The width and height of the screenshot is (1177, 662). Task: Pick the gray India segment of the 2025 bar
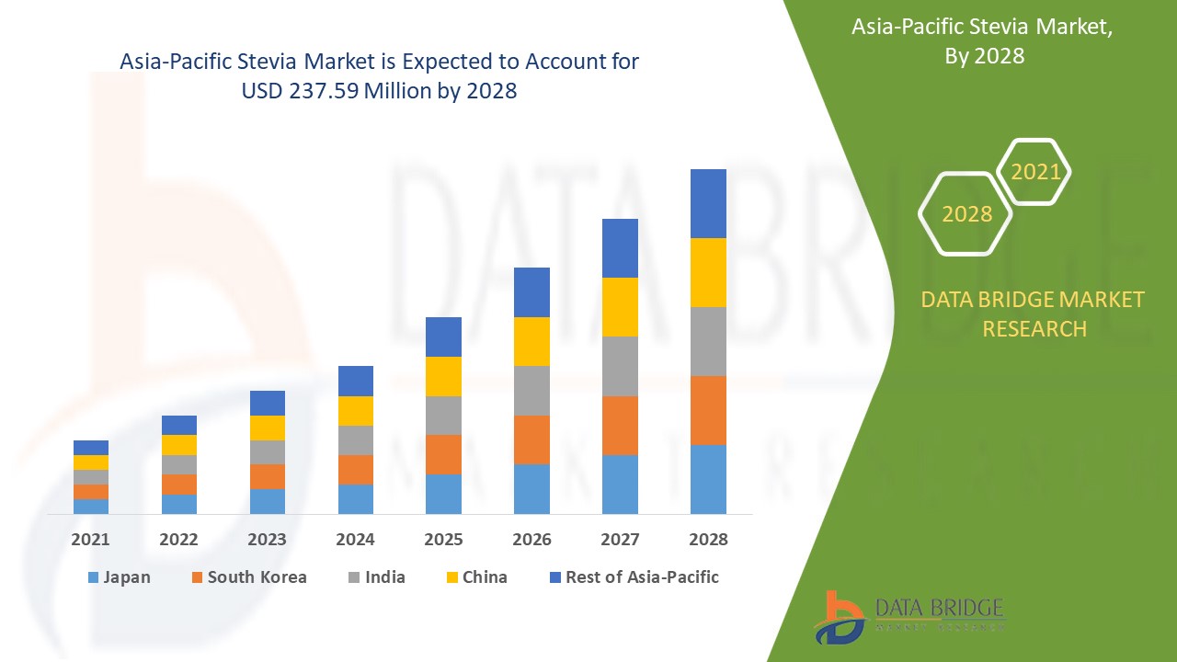pos(443,416)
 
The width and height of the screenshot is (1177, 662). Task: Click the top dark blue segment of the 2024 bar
pos(356,381)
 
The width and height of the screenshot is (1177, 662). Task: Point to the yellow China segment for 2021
pos(91,462)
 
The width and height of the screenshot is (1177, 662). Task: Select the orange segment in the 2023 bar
pos(268,476)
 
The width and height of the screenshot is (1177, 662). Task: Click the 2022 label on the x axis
pos(179,540)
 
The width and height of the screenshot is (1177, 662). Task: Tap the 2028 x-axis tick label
pos(708,540)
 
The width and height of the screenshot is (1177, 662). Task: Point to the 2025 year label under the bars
pos(443,540)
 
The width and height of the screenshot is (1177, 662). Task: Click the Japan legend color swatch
pos(92,578)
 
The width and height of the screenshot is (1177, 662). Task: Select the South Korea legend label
pos(257,577)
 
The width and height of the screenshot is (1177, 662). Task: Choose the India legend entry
pos(384,577)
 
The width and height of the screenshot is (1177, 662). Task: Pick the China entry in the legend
pos(485,577)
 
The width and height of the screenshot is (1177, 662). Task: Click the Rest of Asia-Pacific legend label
pos(642,577)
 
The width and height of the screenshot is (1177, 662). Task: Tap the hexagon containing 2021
pos(1034,172)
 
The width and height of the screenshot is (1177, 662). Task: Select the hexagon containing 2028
pos(966,213)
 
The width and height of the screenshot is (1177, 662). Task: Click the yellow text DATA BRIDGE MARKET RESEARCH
pos(1034,314)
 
